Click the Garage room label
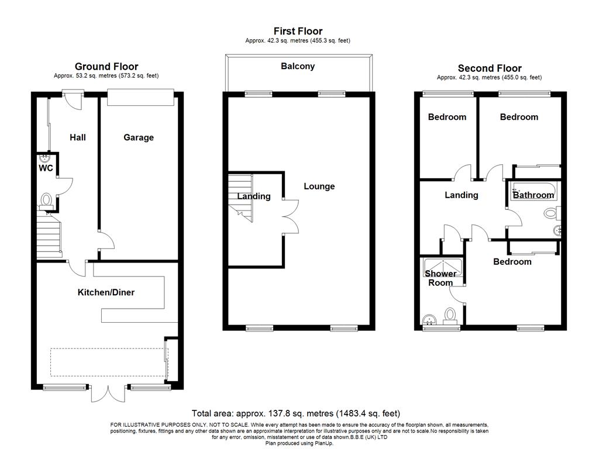point(139,137)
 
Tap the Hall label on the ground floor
point(78,137)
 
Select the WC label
point(46,168)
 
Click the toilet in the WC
point(46,201)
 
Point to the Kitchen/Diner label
point(106,292)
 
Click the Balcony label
point(298,66)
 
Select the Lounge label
point(319,186)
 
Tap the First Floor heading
point(298,31)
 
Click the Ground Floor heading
point(106,67)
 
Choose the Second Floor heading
point(490,68)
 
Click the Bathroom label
point(533,195)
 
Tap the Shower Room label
point(440,278)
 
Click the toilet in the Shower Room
point(450,316)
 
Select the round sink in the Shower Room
point(430,320)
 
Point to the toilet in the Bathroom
point(552,213)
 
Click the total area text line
point(295,413)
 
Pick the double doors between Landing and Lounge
point(291,216)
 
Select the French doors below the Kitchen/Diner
point(108,393)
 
